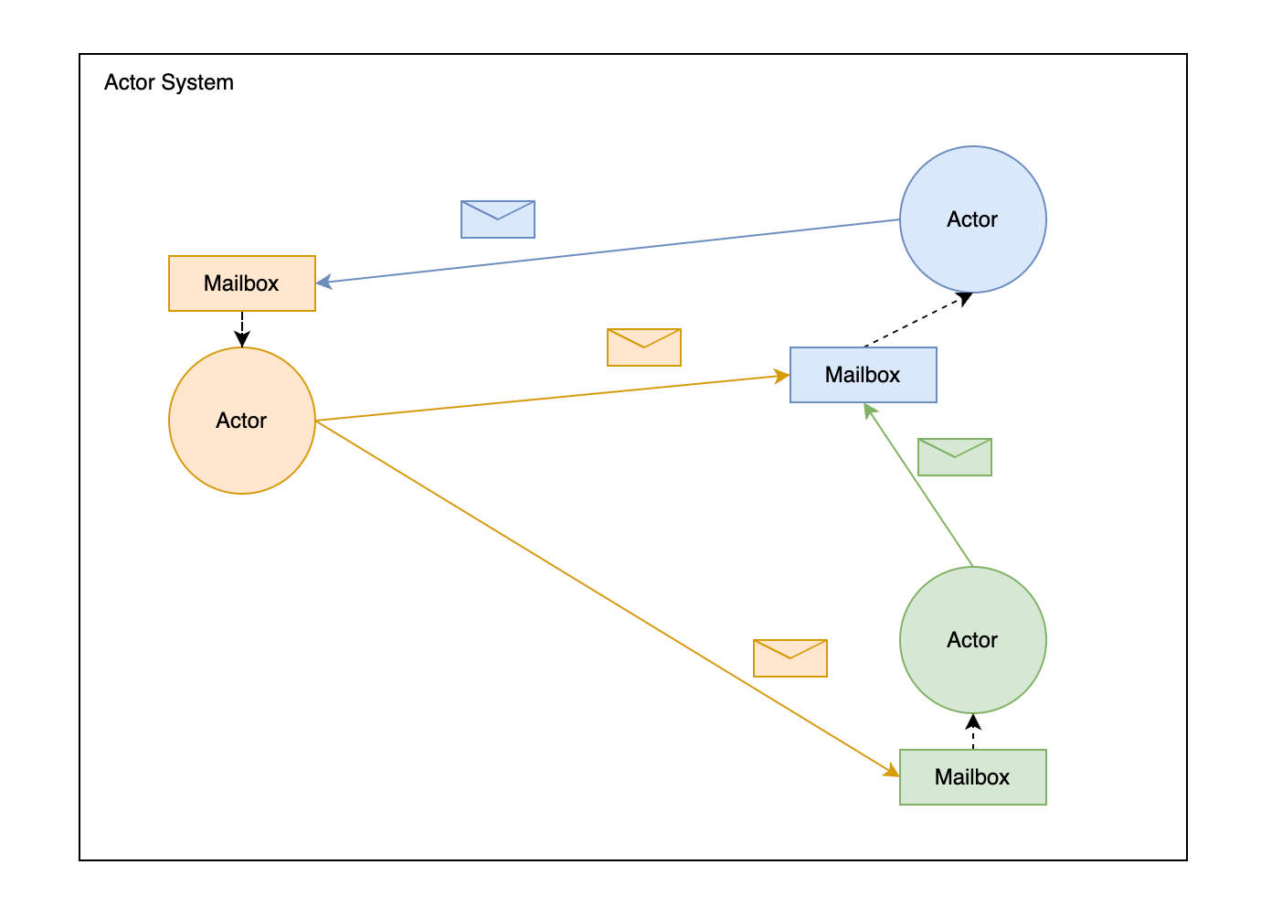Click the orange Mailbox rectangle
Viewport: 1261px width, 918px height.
[242, 283]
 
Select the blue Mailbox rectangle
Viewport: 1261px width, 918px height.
[863, 375]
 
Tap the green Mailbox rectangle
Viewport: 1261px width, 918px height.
[972, 777]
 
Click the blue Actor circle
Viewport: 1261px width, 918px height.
[972, 219]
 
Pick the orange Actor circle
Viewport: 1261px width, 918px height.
[242, 421]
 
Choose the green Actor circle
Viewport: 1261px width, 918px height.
[972, 640]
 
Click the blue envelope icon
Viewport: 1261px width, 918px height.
[498, 219]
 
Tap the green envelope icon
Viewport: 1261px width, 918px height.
[954, 457]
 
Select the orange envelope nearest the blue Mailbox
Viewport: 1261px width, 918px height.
[644, 347]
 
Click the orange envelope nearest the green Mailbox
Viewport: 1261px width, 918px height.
[790, 658]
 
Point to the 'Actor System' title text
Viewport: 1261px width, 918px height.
[169, 82]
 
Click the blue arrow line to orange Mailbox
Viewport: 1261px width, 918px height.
[608, 251]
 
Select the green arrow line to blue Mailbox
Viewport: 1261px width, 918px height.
[918, 485]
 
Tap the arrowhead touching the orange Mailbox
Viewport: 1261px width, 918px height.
[324, 283]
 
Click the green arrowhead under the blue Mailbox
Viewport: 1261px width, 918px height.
[869, 411]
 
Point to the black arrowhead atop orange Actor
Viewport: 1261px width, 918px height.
[242, 339]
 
